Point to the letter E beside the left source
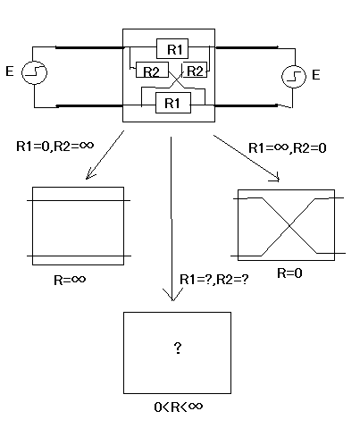click(10, 71)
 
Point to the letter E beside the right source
click(316, 75)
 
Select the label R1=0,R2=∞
click(55, 146)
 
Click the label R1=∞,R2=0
click(288, 147)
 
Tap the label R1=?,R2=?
click(213, 280)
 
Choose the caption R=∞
click(70, 280)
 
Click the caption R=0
click(289, 273)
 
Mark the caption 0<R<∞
click(179, 407)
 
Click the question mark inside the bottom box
click(178, 348)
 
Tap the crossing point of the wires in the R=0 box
click(289, 226)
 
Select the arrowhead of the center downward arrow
click(172, 300)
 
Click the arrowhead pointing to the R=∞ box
click(87, 179)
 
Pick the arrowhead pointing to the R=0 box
click(279, 180)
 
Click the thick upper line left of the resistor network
click(89, 47)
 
